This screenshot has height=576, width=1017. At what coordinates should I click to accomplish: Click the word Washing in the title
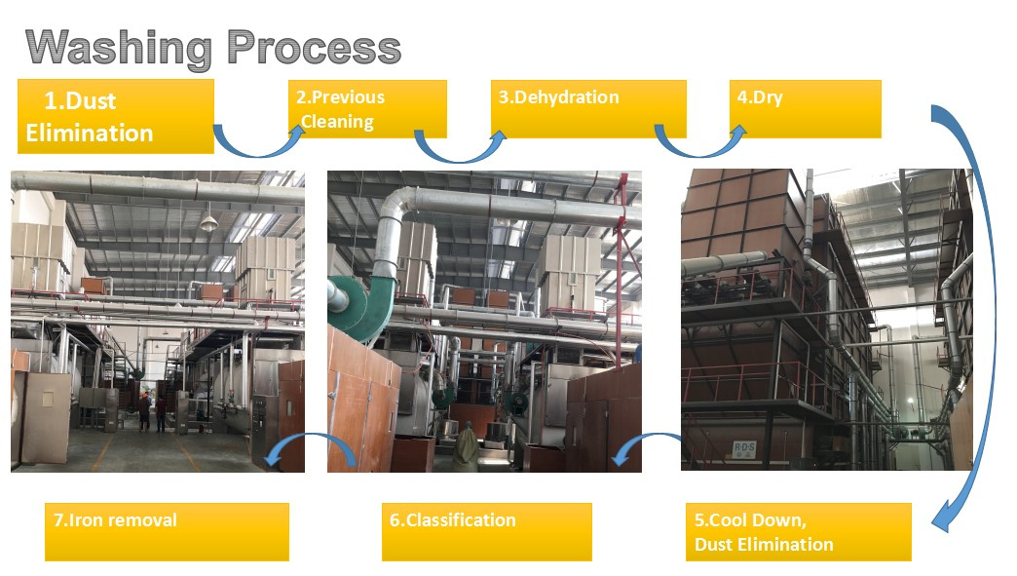pyautogui.click(x=119, y=49)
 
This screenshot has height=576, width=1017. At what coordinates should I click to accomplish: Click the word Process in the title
pyautogui.click(x=314, y=48)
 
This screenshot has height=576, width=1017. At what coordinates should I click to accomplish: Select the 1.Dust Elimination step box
pyautogui.click(x=116, y=116)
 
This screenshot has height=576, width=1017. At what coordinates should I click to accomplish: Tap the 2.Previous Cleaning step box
pyautogui.click(x=367, y=109)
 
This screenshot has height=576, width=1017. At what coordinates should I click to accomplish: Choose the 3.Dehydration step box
pyautogui.click(x=588, y=109)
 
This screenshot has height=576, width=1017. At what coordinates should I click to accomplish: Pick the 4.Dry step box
pyautogui.click(x=805, y=109)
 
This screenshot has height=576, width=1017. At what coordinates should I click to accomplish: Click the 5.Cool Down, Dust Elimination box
pyautogui.click(x=799, y=532)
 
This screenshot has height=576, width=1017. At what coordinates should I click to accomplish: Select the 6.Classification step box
pyautogui.click(x=486, y=532)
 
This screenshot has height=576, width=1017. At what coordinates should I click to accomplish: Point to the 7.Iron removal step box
pyautogui.click(x=167, y=532)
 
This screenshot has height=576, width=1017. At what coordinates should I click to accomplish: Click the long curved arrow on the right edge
pyautogui.click(x=987, y=311)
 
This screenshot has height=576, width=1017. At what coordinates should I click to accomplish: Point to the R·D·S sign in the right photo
pyautogui.click(x=744, y=449)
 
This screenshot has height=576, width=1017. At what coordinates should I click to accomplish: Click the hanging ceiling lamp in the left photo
pyautogui.click(x=208, y=222)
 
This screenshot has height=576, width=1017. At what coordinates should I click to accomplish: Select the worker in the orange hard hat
pyautogui.click(x=144, y=412)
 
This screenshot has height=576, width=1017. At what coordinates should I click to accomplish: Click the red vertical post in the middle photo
pyautogui.click(x=621, y=259)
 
